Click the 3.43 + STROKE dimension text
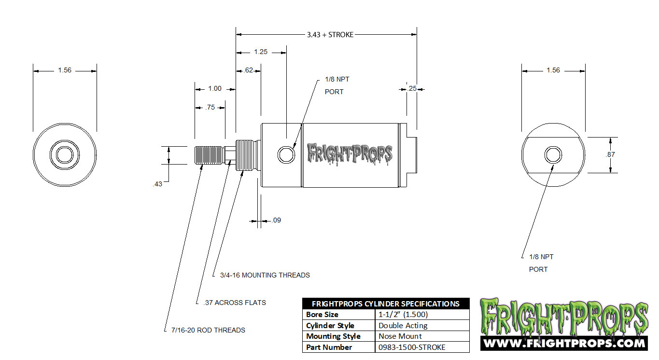(x=330, y=35)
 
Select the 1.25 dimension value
(x=261, y=52)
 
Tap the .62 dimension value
(x=248, y=70)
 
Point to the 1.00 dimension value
(x=215, y=88)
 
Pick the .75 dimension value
(x=210, y=107)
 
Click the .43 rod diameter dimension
(x=157, y=184)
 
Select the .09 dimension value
(x=276, y=220)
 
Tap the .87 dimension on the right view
(x=610, y=155)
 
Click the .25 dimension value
(x=412, y=88)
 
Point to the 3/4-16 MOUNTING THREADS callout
(x=265, y=275)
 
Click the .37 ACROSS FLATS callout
(x=235, y=303)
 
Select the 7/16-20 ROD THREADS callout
(x=208, y=330)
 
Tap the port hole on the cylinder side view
(x=286, y=155)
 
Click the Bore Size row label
(x=322, y=315)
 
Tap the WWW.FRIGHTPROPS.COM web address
(x=564, y=343)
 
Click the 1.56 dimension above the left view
(x=65, y=70)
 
